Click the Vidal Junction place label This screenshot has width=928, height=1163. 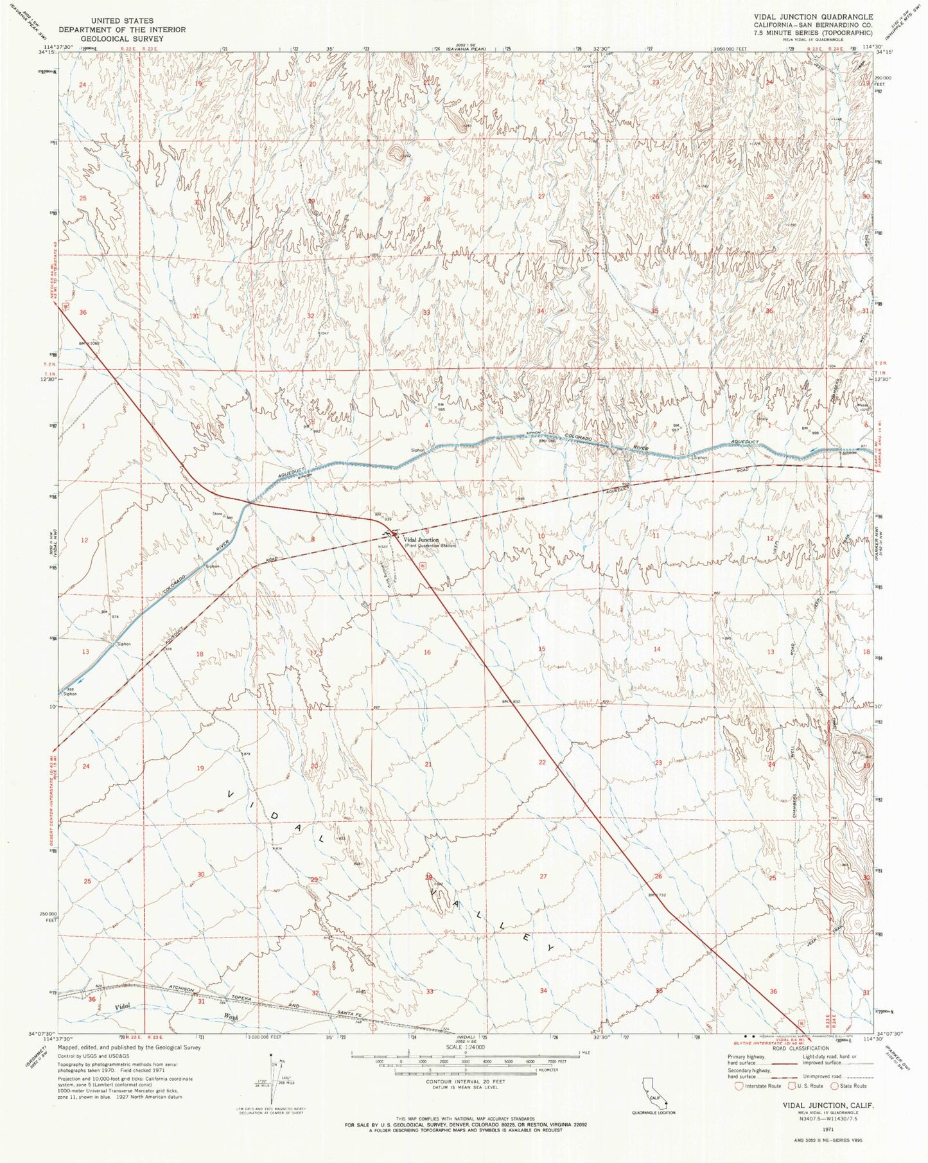click(421, 540)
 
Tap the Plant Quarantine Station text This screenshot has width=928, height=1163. click(430, 546)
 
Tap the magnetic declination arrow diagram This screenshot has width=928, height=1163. click(274, 1086)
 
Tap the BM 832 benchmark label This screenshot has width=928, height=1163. click(511, 702)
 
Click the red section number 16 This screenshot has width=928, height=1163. click(427, 652)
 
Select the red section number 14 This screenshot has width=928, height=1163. click(656, 649)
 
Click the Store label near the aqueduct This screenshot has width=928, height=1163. click(217, 513)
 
